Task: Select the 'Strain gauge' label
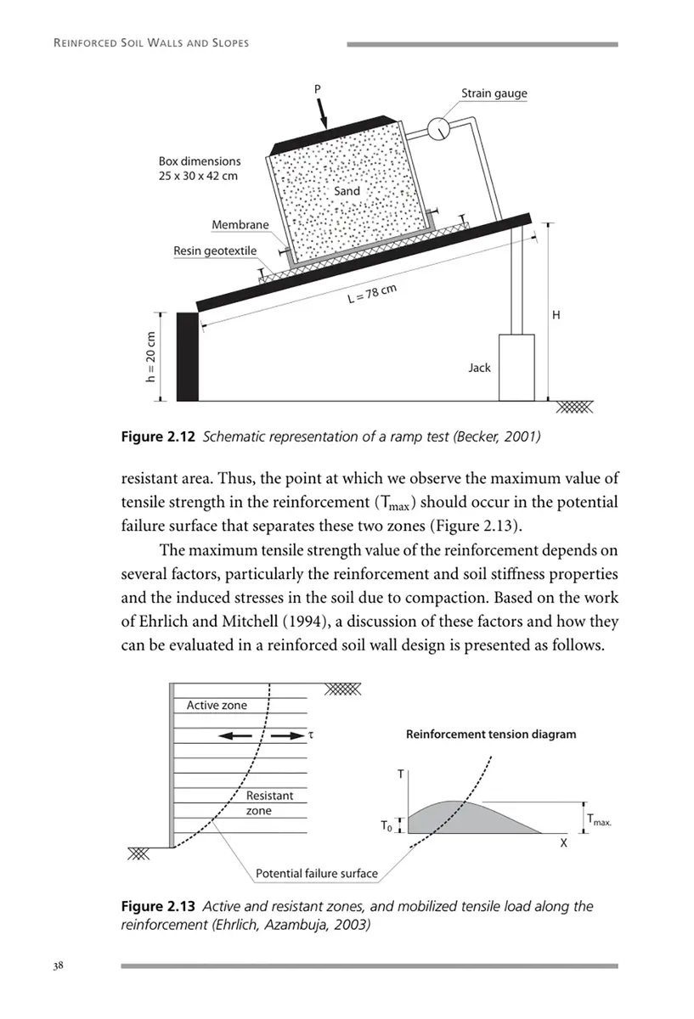click(494, 93)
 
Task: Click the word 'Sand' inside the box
click(347, 191)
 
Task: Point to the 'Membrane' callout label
click(240, 225)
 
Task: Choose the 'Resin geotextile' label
click(215, 251)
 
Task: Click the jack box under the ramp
click(516, 367)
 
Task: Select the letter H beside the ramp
click(556, 315)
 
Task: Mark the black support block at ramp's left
click(187, 357)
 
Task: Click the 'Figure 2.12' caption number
click(155, 437)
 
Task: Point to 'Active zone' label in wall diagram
click(217, 705)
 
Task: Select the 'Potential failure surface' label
click(316, 873)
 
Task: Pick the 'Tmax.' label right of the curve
click(600, 820)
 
